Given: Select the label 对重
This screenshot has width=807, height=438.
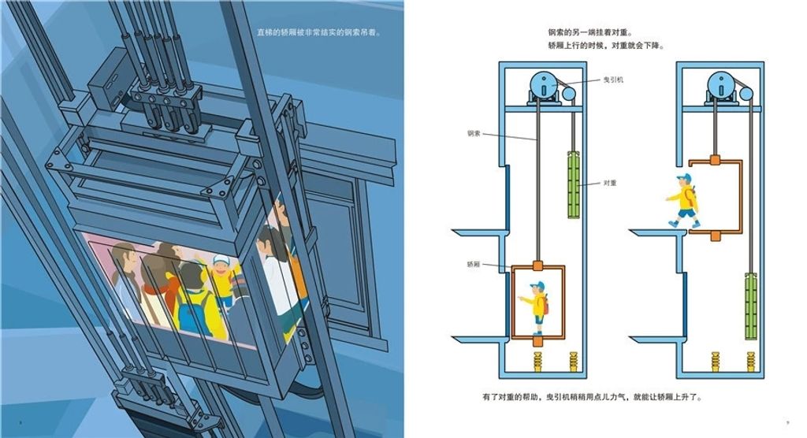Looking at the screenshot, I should click(x=609, y=183).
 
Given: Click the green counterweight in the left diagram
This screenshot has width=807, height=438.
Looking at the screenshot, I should click(x=573, y=184).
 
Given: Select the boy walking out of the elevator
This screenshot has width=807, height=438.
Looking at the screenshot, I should click(x=684, y=201).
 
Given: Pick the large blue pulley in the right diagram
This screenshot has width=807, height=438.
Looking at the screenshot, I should click(x=721, y=84).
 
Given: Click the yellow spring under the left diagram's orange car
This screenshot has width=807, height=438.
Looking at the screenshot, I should click(x=537, y=362).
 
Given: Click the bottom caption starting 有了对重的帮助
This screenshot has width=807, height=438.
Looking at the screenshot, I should click(x=590, y=397).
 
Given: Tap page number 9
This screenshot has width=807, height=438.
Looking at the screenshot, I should click(x=787, y=424).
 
